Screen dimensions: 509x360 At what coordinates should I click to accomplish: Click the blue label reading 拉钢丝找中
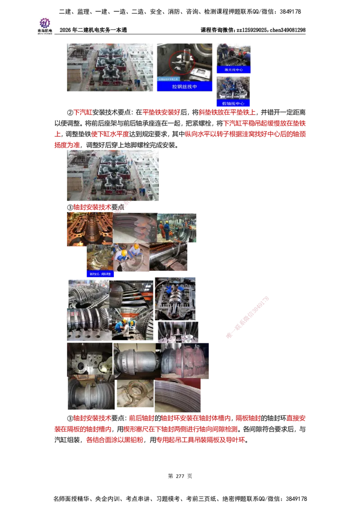coord(184,86)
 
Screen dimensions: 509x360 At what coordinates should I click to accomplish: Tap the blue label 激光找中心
coord(233,70)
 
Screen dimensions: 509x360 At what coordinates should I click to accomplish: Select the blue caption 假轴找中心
coord(234,103)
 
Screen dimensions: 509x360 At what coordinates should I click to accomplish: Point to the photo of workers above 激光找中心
coord(234,54)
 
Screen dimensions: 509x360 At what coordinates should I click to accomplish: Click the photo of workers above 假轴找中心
coord(234,87)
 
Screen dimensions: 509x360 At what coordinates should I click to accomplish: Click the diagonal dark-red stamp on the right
coord(247,317)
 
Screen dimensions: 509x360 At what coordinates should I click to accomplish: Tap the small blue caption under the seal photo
coord(100,273)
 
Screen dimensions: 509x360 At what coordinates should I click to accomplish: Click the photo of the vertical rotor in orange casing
coord(88,230)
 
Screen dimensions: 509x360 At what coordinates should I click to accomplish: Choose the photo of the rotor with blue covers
coord(176,298)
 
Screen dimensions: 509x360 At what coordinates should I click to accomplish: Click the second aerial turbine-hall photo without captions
coord(113,175)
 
